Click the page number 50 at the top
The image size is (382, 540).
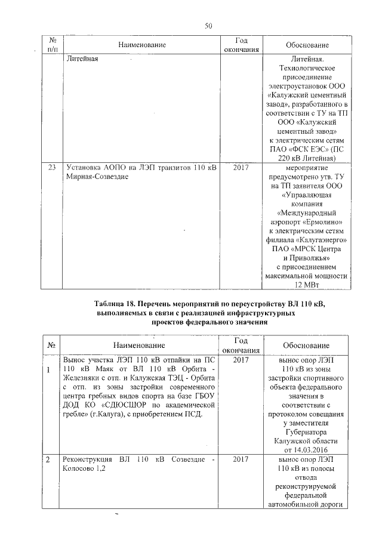click(208, 25)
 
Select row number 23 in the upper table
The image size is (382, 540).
click(51, 169)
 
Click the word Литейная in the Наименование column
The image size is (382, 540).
click(81, 60)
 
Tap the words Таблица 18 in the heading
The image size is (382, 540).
click(119, 304)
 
